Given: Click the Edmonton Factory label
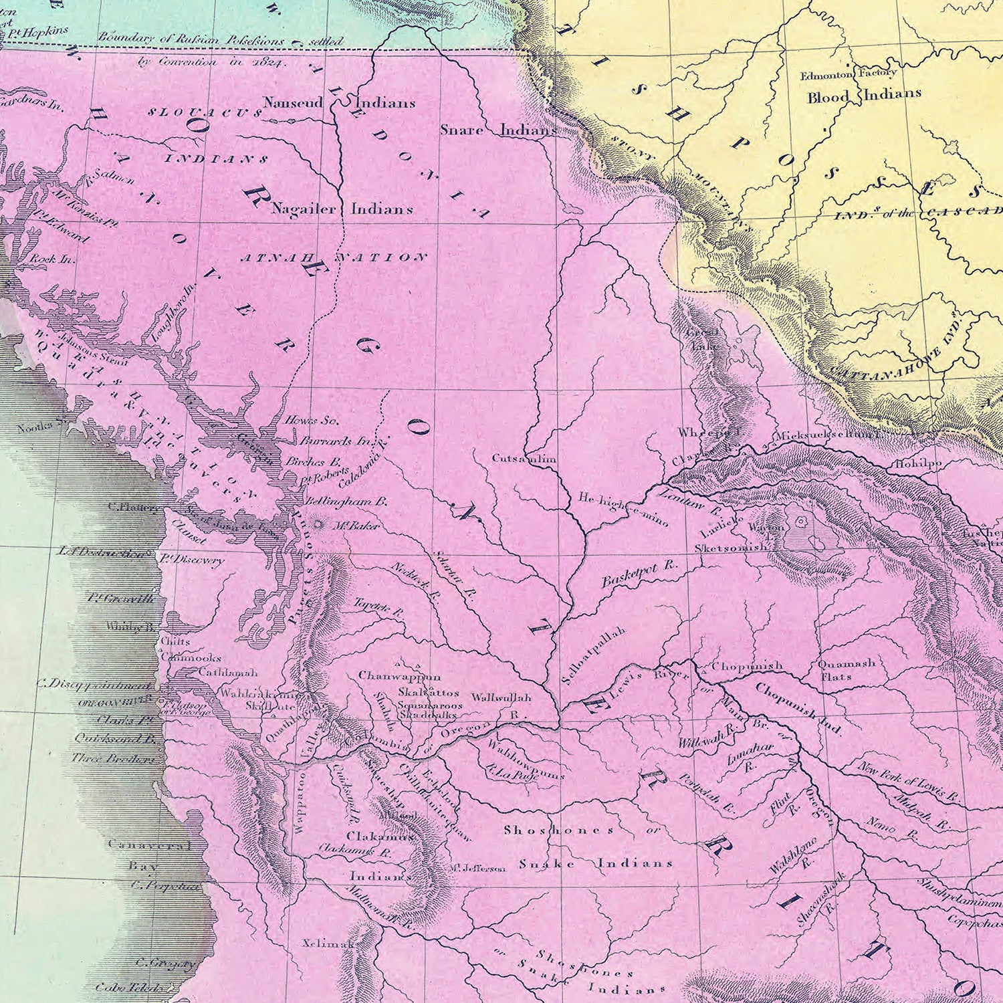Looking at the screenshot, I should (848, 74).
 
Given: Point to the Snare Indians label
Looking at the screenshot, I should (497, 130).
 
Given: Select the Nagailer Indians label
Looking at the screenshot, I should (342, 209).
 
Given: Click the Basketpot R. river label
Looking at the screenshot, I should (639, 574).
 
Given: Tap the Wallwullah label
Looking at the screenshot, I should (501, 697).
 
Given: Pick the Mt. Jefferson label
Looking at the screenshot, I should (477, 868).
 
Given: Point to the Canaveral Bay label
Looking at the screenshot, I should (148, 855).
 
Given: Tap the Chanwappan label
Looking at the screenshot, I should (399, 676).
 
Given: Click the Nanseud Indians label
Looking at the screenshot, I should (338, 103).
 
